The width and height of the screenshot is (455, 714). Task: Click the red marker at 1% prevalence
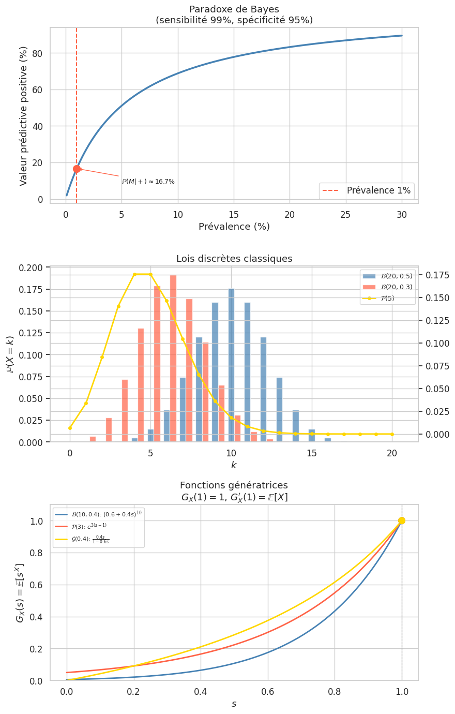coord(77,169)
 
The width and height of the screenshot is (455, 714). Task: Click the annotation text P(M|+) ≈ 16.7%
coord(148,182)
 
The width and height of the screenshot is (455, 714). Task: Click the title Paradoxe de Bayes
coord(234,9)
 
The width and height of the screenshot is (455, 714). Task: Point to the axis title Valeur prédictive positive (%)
coord(23,116)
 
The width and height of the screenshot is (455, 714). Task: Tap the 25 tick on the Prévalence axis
coord(345,214)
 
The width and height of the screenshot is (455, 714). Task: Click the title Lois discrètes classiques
coord(234,259)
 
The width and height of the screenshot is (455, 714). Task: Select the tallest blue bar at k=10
coord(231,365)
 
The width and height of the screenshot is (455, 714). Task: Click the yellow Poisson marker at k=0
coord(70,428)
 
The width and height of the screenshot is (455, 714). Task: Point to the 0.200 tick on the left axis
coord(32,267)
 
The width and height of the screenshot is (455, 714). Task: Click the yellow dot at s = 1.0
coord(402,520)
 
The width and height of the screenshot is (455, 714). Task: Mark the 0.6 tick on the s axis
coord(267,691)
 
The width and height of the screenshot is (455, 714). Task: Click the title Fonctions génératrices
coord(234,485)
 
